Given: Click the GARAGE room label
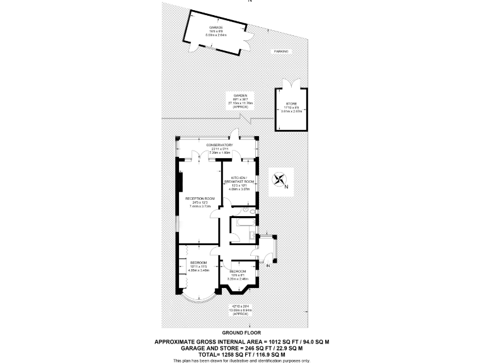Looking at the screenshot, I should point(216,28).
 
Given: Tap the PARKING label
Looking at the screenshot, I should point(280,51).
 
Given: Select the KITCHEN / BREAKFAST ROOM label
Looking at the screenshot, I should point(242,179).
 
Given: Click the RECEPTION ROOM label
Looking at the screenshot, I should point(200,199).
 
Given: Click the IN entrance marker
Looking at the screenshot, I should point(268,267).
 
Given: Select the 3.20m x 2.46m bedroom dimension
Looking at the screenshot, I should point(239,277).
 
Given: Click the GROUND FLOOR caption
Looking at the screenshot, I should point(241,331).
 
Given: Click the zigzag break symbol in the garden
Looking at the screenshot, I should point(251,119).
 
